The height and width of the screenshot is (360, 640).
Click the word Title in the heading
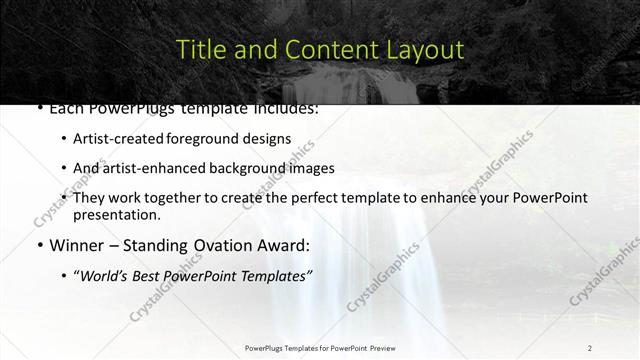pyautogui.click(x=200, y=49)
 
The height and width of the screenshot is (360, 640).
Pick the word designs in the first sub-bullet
pyautogui.click(x=267, y=139)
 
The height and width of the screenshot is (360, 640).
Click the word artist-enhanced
pyautogui.click(x=143, y=168)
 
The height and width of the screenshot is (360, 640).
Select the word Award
pyautogui.click(x=286, y=244)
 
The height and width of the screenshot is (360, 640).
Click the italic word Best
pyautogui.click(x=147, y=274)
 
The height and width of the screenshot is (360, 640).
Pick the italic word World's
pyautogui.click(x=104, y=274)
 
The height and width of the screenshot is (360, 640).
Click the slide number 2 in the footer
pyautogui.click(x=590, y=347)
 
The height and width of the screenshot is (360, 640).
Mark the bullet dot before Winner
pyautogui.click(x=38, y=245)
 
